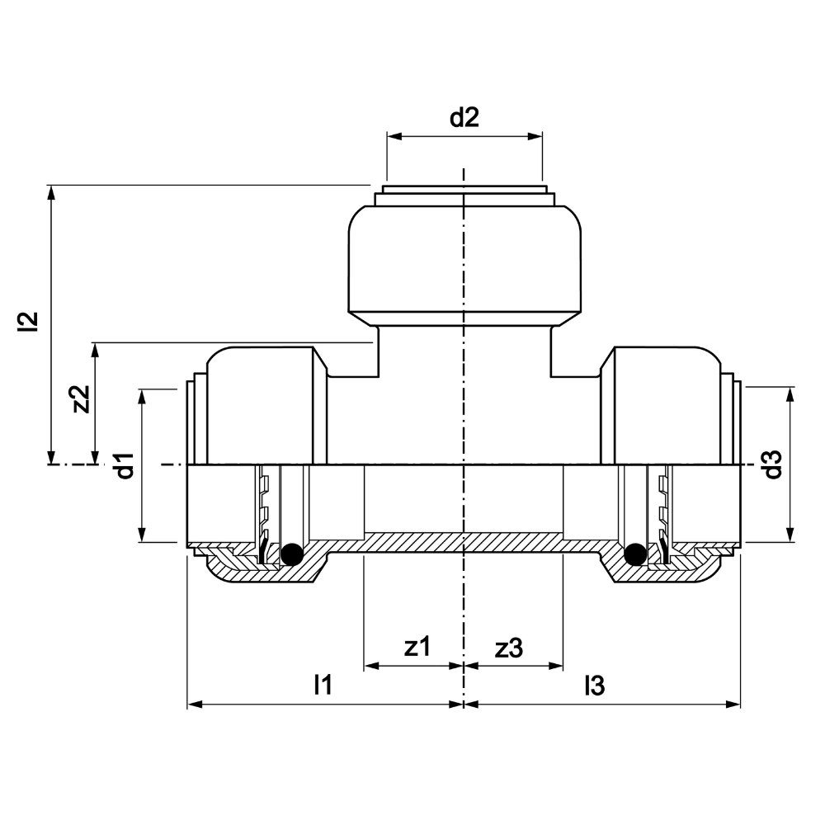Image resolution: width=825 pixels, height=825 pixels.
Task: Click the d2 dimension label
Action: [464, 118]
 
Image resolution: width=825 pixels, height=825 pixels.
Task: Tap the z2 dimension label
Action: [82, 399]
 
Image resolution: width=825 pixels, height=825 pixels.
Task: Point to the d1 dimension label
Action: [125, 465]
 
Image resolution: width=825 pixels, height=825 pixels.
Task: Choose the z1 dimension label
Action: [417, 647]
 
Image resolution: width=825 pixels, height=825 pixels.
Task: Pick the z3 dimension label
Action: [509, 648]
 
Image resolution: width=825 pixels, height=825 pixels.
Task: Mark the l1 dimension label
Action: [323, 685]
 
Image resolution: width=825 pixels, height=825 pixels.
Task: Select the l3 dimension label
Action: [595, 686]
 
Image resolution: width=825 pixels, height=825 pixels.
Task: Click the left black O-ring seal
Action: [292, 554]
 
